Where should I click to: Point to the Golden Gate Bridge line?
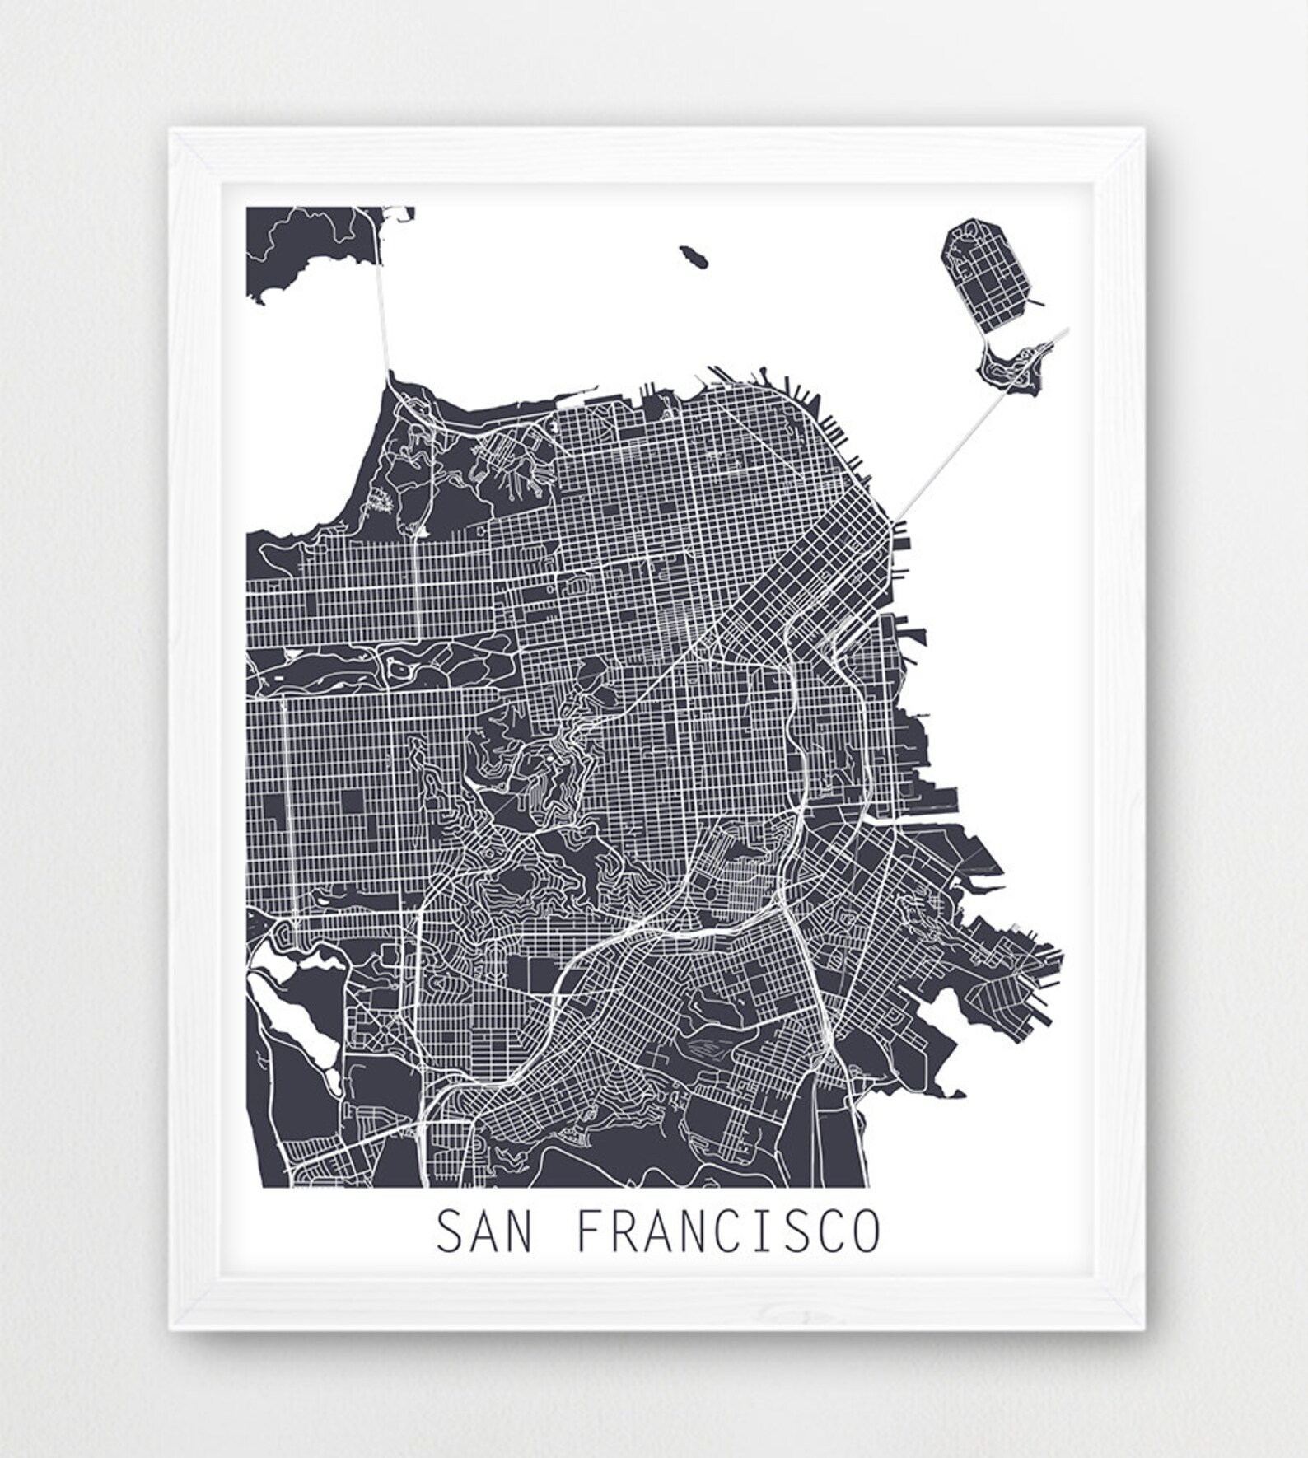coord(382,313)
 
